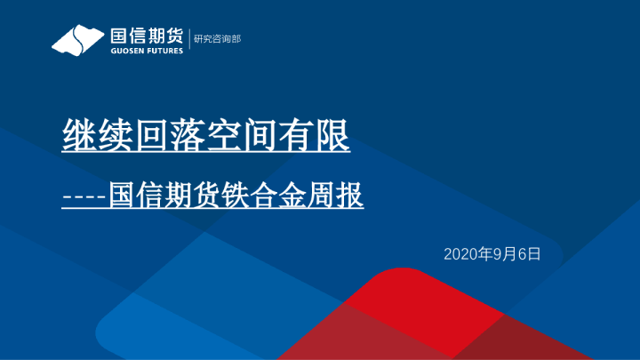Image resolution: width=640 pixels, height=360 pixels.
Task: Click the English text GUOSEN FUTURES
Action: tap(147, 51)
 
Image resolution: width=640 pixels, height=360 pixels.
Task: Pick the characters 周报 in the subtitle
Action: tap(339, 195)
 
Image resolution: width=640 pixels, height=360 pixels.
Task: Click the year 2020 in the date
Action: tap(460, 254)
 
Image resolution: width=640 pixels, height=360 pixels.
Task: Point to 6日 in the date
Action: tap(530, 254)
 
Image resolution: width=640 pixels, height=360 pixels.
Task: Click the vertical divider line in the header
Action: tap(188, 40)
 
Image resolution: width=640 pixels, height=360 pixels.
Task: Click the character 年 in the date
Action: tap(484, 254)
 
